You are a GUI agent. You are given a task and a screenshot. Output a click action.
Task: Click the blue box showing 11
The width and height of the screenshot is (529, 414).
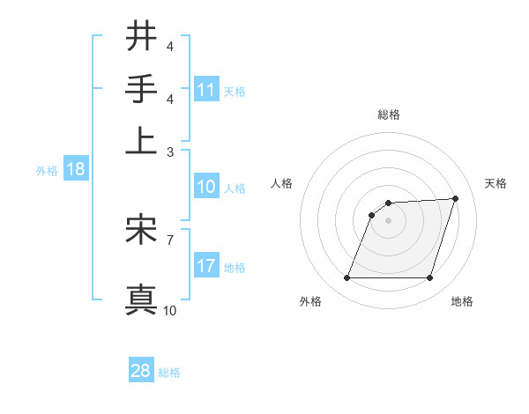[206, 90]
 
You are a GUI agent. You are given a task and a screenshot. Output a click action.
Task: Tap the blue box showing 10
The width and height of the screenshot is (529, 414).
[206, 187]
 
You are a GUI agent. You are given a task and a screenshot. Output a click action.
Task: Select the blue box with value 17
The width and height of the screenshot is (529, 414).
[206, 265]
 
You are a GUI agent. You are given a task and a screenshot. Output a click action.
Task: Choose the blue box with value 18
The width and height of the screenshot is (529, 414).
[75, 170]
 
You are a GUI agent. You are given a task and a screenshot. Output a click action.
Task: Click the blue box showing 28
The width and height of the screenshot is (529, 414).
[141, 371]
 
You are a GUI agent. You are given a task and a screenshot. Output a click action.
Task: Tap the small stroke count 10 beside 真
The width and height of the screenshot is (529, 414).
[170, 310]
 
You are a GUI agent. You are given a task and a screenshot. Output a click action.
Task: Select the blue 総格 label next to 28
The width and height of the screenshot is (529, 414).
[169, 373]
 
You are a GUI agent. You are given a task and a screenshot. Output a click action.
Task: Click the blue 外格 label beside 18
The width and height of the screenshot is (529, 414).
[46, 171]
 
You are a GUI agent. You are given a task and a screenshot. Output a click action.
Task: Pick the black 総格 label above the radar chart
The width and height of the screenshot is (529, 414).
[389, 115]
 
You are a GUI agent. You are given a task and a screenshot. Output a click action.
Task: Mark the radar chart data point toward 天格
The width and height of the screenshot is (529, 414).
[456, 198]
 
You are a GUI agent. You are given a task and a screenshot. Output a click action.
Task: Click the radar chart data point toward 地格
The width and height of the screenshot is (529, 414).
[430, 278]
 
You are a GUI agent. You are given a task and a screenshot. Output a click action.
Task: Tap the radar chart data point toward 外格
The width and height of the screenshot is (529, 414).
[346, 278]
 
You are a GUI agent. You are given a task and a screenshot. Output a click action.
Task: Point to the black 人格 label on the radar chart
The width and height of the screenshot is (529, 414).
[282, 183]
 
